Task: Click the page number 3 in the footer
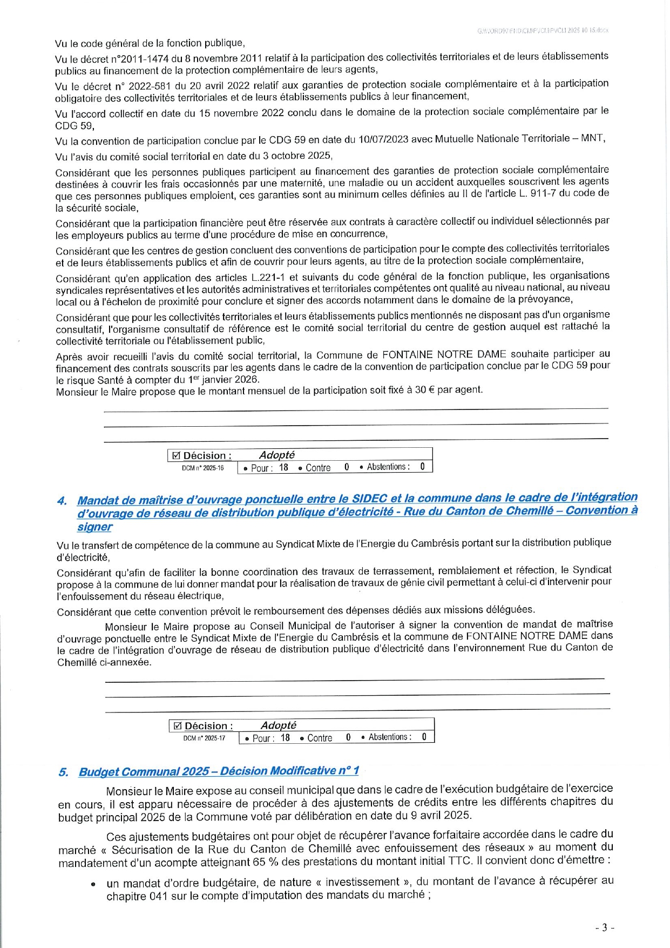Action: [x=605, y=927]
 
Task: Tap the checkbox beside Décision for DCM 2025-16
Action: [x=176, y=455]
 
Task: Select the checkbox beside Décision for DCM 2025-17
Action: [x=178, y=726]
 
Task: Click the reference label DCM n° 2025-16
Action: [x=202, y=468]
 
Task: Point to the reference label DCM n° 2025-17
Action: [x=204, y=738]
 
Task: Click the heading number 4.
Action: [x=62, y=501]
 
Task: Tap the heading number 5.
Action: [x=63, y=772]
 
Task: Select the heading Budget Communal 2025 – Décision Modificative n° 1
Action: [x=219, y=771]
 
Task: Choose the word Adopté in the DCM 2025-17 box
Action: [x=278, y=725]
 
